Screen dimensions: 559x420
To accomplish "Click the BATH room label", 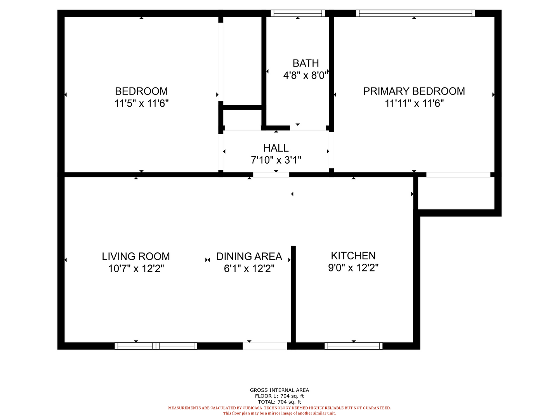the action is point(306,63).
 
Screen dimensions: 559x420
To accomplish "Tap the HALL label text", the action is point(276,148).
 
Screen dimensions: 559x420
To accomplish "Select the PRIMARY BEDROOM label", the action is point(414,91).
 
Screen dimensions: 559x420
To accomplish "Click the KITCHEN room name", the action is point(353,256).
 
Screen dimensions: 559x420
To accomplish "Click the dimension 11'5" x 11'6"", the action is point(141,103).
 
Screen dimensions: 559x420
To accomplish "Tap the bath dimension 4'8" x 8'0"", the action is point(306,75).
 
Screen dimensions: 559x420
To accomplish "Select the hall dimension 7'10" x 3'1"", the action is point(276,160).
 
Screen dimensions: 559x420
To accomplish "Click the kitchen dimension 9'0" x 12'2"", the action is point(353,268).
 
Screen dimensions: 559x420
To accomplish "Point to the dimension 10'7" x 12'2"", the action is point(136,268).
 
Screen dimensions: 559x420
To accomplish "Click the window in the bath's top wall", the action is point(297,13).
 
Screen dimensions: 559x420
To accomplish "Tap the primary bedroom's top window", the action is point(415,13).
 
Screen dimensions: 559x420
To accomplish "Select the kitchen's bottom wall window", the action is point(353,346).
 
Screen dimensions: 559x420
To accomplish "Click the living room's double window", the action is point(156,346).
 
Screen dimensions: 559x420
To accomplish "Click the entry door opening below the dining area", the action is point(265,346).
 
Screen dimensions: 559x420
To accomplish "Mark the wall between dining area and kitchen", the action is point(293,294).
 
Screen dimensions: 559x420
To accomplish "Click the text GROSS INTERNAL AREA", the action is point(279,390).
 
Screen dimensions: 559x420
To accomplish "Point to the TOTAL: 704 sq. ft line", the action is point(279,402).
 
